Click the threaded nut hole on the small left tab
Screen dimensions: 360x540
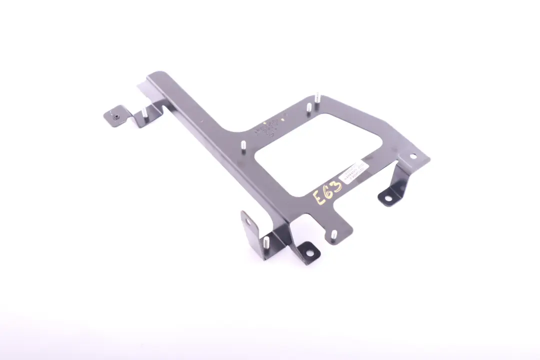tap(115, 116)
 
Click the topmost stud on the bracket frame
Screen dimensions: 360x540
tap(317, 95)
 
